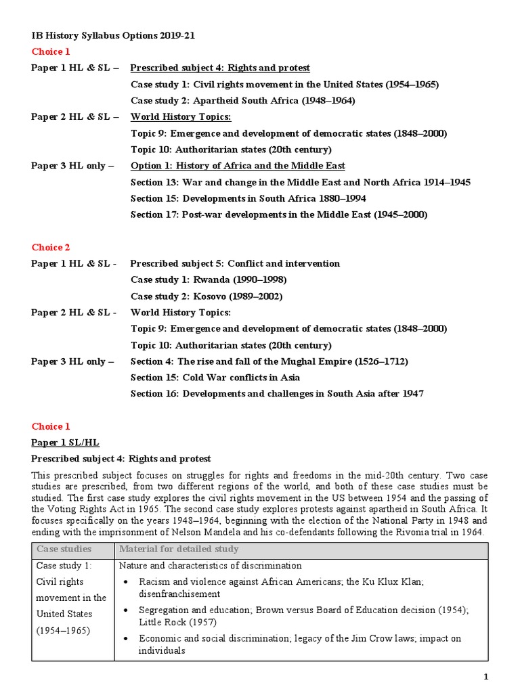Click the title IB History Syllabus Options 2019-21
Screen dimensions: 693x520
(108, 35)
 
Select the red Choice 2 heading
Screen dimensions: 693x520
(51, 248)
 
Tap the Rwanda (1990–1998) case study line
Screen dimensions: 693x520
(209, 280)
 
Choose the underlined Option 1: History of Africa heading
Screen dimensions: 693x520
(238, 166)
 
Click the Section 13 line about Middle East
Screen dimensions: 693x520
(300, 183)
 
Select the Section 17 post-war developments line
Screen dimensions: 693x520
(279, 215)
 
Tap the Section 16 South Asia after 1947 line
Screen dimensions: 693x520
(277, 394)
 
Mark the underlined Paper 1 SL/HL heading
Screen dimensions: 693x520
(65, 443)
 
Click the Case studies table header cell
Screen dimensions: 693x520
(64, 549)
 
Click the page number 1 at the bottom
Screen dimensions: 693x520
(485, 677)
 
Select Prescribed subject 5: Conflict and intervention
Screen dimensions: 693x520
(235, 264)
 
